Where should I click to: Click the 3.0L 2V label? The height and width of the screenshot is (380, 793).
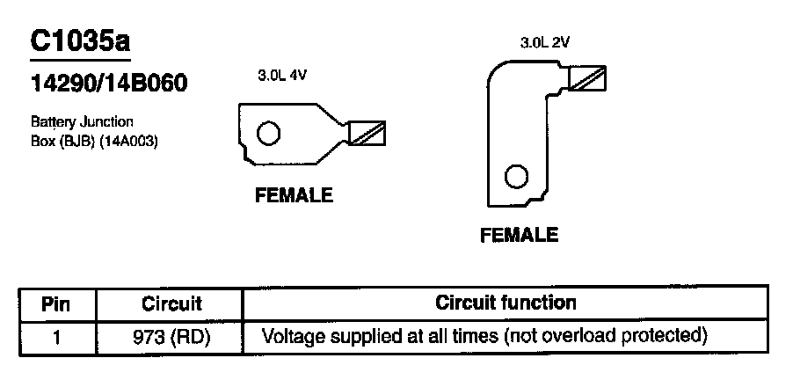[x=546, y=41]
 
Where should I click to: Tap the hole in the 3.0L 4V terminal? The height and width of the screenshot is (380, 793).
[x=268, y=134]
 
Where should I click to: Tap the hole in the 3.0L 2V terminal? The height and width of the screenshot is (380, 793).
[x=515, y=176]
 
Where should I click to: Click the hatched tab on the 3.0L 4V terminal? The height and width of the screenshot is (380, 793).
[x=367, y=133]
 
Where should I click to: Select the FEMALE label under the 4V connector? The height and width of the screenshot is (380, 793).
[x=294, y=195]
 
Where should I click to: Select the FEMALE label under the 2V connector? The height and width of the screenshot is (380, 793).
[x=519, y=235]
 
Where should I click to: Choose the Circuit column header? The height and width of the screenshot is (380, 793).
[x=171, y=304]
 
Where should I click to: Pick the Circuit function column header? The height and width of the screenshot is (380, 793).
[x=506, y=303]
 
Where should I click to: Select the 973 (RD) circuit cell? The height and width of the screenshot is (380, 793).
[x=172, y=336]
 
